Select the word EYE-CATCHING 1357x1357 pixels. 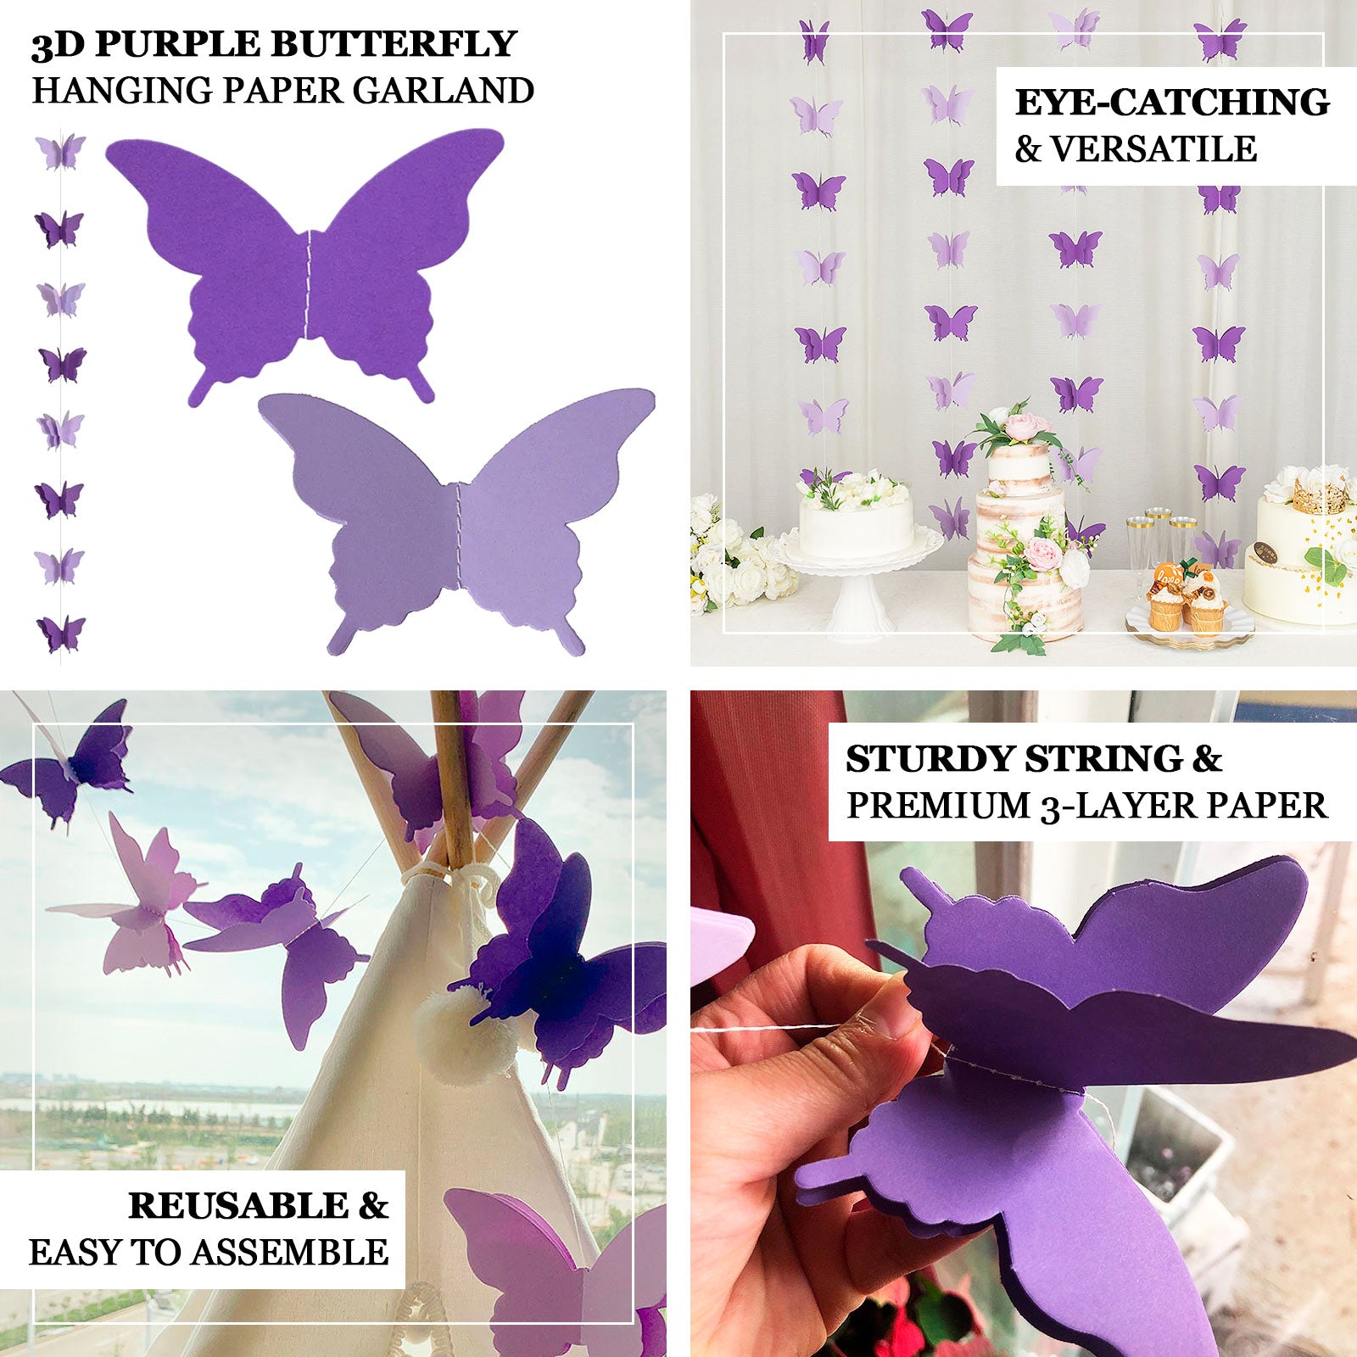coord(1172,103)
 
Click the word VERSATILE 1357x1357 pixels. coord(1153,149)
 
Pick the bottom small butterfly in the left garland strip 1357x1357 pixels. coord(60,634)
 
